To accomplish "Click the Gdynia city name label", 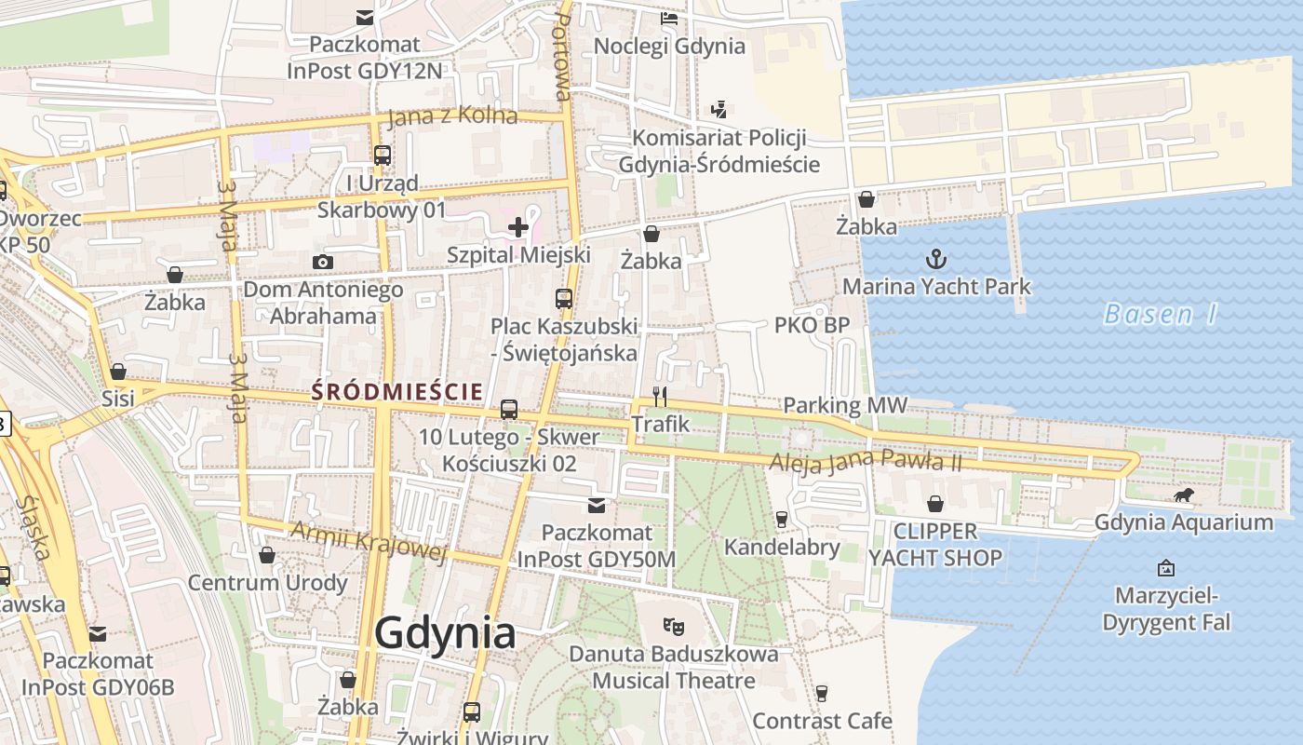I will click(x=445, y=633).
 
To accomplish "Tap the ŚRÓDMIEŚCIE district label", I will click(x=397, y=391).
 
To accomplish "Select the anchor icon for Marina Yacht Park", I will click(x=936, y=259).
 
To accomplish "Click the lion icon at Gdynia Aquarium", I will click(x=1184, y=495).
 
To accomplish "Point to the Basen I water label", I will click(x=1161, y=315).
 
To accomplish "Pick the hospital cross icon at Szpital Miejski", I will click(x=518, y=226).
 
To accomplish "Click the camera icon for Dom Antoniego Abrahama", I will click(x=323, y=262).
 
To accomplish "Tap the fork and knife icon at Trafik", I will click(x=660, y=397).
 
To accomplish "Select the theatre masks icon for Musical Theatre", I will click(x=674, y=626).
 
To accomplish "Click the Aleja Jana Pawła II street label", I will click(x=866, y=460).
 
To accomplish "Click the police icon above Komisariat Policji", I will click(x=719, y=110).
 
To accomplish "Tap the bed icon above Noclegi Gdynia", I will click(x=669, y=18).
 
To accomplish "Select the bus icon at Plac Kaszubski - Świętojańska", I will click(x=564, y=299).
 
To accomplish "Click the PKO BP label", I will click(x=812, y=325).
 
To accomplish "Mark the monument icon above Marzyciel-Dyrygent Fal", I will click(x=1165, y=567).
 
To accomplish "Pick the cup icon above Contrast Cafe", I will click(x=821, y=693).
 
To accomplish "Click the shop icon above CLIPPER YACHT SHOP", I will click(x=935, y=504).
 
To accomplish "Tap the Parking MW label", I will click(x=844, y=405).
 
